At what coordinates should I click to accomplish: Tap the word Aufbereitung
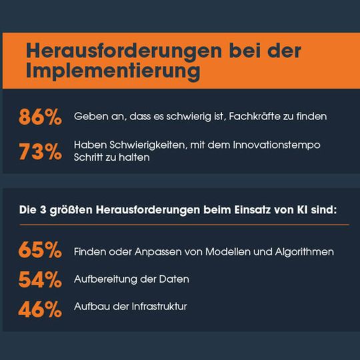[x=104, y=279]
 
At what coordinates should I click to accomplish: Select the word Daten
[x=174, y=279]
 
